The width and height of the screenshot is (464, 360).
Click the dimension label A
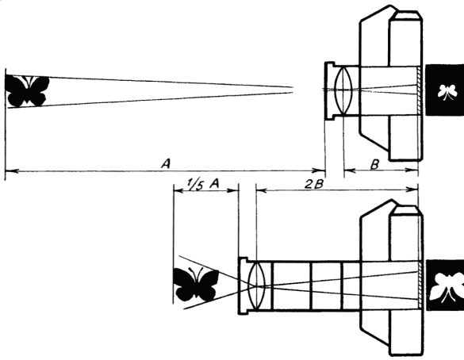[166, 163]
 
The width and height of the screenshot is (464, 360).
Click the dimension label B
[374, 164]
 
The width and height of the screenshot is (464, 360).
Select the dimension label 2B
[314, 184]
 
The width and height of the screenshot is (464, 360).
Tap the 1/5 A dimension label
[203, 184]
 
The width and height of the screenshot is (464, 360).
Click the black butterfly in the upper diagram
[27, 91]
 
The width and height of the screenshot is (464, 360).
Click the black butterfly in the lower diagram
[196, 284]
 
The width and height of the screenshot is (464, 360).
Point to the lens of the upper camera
[343, 90]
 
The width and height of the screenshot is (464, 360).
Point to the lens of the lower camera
[257, 285]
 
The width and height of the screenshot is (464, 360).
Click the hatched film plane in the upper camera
[418, 90]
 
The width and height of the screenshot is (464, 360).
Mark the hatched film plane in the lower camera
[420, 285]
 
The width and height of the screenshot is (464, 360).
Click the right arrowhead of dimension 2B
[412, 190]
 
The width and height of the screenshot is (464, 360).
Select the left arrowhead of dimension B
[350, 170]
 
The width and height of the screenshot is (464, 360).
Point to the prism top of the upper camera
[405, 15]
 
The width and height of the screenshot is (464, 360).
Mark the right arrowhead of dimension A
[319, 170]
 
